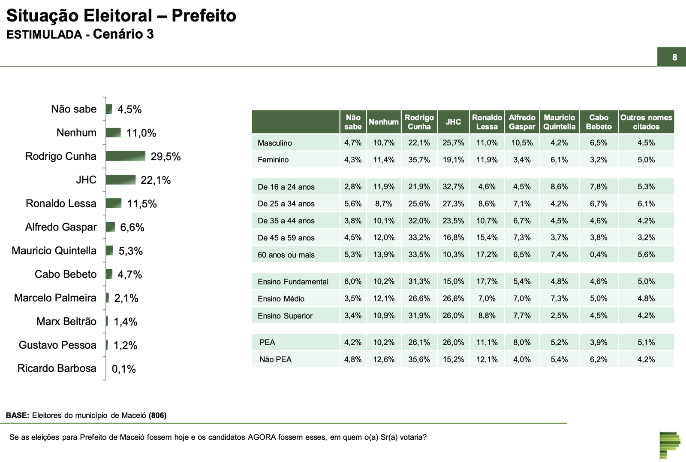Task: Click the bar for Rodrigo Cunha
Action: click(125, 156)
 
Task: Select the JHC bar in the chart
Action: click(120, 180)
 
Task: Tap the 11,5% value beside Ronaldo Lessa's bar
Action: click(142, 204)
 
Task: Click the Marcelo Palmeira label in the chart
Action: click(55, 298)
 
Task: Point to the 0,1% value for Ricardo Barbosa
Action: click(123, 369)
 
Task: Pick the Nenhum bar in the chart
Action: click(113, 133)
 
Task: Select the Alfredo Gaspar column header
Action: click(522, 122)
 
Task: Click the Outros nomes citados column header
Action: click(646, 122)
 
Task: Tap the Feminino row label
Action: click(273, 160)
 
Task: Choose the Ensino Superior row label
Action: click(285, 316)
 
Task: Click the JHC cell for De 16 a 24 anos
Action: click(453, 187)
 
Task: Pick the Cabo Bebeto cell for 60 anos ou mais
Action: click(599, 255)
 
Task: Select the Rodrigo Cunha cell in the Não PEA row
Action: click(419, 359)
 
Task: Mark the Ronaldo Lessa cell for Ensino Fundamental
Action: click(487, 282)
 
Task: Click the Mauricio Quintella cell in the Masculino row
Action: click(559, 143)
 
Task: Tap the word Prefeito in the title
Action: click(204, 16)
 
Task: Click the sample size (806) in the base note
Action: click(157, 415)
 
